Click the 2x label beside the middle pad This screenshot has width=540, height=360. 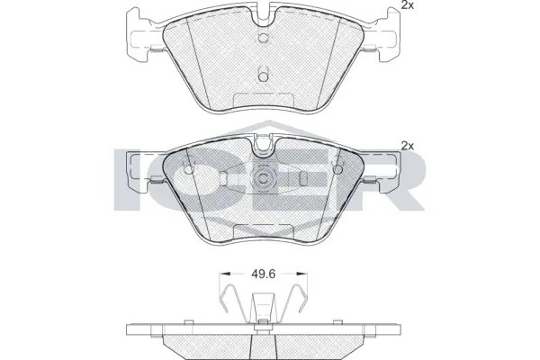coord(406,145)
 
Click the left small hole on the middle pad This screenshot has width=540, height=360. coord(188,168)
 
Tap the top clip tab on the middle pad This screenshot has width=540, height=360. coord(263,142)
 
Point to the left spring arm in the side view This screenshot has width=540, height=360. coord(231,302)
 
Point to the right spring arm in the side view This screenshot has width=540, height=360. coord(293,302)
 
